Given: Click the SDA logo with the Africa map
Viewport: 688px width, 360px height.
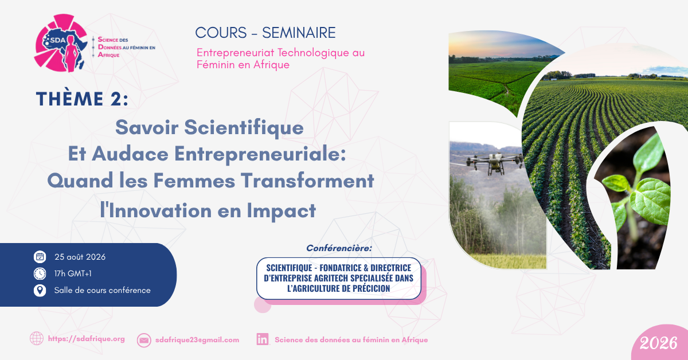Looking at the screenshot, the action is (61, 43).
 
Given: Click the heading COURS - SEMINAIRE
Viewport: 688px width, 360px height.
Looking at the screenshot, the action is (265, 33).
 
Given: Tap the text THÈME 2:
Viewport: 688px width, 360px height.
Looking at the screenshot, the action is (82, 99).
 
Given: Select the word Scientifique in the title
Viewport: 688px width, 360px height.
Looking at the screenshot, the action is (244, 127).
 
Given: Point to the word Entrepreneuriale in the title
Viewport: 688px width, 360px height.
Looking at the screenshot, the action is (260, 154).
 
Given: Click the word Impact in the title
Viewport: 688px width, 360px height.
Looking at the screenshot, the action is (282, 211).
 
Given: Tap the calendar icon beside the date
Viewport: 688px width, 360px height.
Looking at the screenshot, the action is (40, 257).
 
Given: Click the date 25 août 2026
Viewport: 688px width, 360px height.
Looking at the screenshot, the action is (80, 257).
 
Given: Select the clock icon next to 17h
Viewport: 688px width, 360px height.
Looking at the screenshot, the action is (40, 273).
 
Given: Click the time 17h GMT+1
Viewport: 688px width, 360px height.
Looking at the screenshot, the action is (73, 273).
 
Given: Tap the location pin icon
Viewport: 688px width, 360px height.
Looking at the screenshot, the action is (40, 290).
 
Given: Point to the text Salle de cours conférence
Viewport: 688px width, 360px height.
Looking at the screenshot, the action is (102, 290).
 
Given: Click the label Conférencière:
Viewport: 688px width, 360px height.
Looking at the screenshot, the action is (339, 248).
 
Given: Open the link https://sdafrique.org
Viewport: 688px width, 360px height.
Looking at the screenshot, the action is (87, 339).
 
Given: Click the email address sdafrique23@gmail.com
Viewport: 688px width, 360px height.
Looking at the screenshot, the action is (197, 340).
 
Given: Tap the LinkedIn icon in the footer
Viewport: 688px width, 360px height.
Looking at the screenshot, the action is (263, 339).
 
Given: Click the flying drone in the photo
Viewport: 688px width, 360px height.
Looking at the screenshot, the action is (494, 162).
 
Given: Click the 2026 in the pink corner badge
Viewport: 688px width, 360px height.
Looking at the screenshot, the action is (659, 343).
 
